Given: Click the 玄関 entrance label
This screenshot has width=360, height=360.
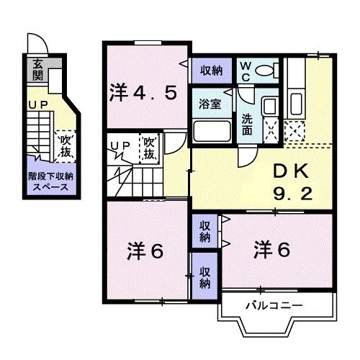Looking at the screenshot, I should (x=37, y=70).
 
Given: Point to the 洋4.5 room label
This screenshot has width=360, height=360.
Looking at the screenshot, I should (x=143, y=92).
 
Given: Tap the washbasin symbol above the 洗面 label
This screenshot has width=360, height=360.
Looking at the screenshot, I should (x=269, y=107).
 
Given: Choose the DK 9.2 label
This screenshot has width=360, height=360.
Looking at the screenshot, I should (x=292, y=181).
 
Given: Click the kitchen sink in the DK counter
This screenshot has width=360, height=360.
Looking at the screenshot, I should (x=294, y=100).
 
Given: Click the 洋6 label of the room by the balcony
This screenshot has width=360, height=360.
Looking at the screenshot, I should (x=271, y=250).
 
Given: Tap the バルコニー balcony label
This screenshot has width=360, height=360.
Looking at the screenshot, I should (x=273, y=305).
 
